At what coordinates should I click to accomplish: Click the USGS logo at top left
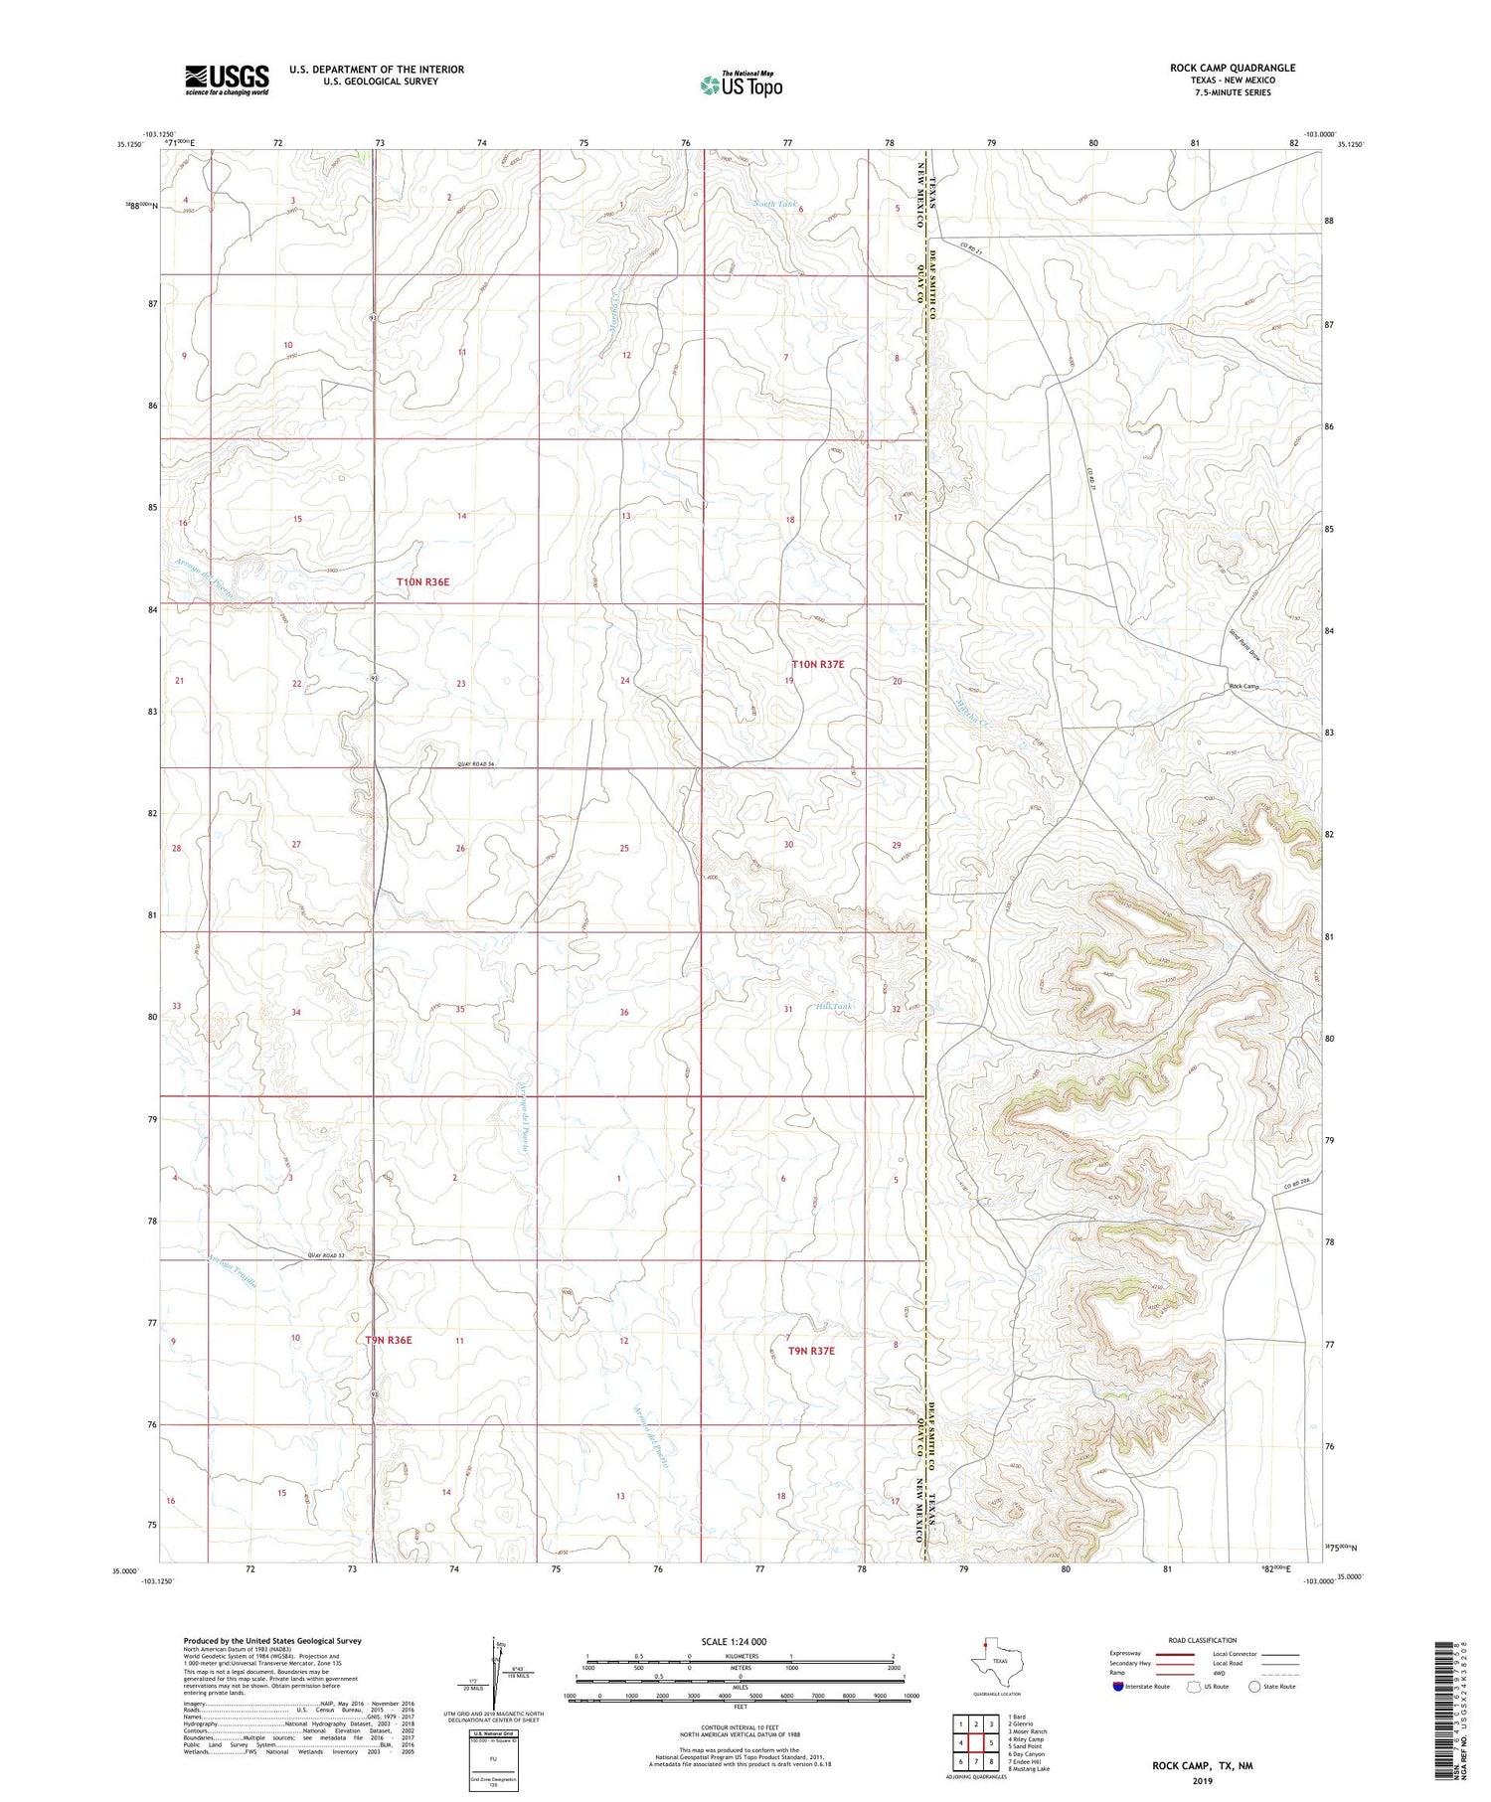pyautogui.click(x=227, y=80)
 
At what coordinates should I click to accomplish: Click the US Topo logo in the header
pyautogui.click(x=741, y=85)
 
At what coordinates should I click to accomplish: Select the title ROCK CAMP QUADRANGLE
pyautogui.click(x=1232, y=68)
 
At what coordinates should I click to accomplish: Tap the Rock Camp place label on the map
pyautogui.click(x=1243, y=687)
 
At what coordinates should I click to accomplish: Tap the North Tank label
pyautogui.click(x=774, y=204)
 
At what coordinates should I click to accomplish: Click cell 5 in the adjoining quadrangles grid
pyautogui.click(x=991, y=1742)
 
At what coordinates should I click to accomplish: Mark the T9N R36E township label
pyautogui.click(x=389, y=1340)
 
